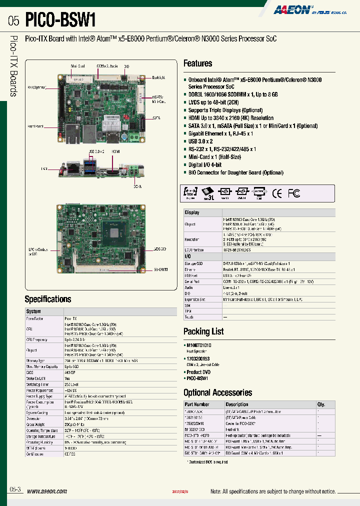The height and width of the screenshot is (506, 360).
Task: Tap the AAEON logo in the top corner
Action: pos(292,9)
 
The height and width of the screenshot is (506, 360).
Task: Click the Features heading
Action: pos(197,63)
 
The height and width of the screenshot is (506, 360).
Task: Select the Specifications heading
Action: pos(48,299)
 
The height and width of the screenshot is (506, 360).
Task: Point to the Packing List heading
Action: pos(203,331)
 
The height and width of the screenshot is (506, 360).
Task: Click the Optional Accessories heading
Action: pos(217,392)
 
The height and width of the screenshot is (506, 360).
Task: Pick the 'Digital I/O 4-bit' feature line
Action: pos(205,164)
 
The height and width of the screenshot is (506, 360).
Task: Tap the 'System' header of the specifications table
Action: pos(33,311)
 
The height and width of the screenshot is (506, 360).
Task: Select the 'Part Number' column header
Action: pos(197,404)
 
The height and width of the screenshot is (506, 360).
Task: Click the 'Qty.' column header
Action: pos(321,404)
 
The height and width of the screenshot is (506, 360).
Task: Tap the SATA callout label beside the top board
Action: pos(156,118)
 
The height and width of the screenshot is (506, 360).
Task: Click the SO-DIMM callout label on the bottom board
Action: pos(160,268)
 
